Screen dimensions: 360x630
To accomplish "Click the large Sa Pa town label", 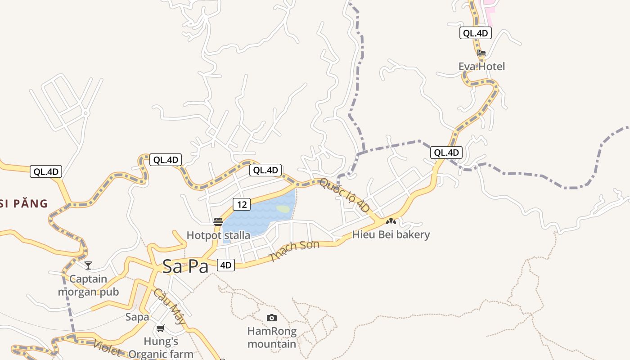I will point(185,266).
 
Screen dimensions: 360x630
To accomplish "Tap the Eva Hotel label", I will point(481,67).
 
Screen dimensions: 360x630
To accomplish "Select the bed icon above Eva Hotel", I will point(481,53).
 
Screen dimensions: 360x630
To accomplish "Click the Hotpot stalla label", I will point(218,235).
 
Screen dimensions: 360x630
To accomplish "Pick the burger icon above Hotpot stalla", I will point(218,221).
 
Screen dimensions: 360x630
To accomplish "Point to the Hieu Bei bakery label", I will point(391,234).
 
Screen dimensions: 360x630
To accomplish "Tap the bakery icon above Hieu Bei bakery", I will point(391,221).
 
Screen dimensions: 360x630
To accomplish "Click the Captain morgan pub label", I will point(88,285).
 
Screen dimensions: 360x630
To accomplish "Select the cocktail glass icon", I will point(88,265).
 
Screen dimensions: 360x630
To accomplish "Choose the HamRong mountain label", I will point(272,337).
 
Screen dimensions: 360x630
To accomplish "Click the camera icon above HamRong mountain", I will point(271,318).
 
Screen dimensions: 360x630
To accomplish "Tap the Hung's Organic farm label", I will point(161,348).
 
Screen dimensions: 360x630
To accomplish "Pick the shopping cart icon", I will point(161,328).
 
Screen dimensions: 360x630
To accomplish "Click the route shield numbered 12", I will point(242,204).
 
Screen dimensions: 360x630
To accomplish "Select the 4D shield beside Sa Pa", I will point(226,265).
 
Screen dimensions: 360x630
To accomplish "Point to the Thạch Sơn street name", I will point(294,252).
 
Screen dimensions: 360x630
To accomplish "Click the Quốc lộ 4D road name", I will point(345,195).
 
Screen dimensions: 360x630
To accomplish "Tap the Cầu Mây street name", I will point(169,306).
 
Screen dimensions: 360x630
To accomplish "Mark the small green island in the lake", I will point(283,209).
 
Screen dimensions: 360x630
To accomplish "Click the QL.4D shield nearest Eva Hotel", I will point(475,33).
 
